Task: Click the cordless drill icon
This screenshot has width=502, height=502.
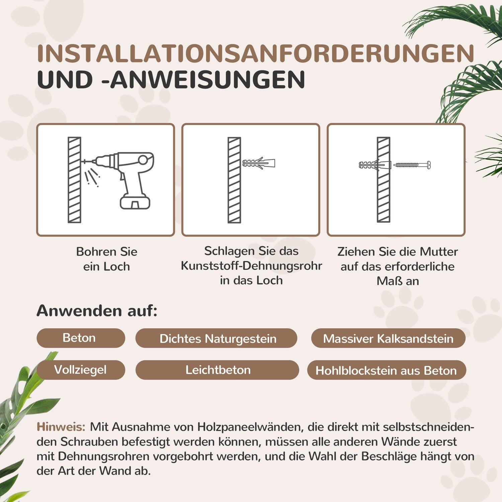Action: click(x=127, y=177)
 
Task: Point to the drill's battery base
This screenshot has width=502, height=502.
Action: click(x=135, y=202)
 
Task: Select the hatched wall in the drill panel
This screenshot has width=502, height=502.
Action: click(x=74, y=180)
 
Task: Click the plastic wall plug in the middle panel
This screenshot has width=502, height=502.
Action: click(x=258, y=163)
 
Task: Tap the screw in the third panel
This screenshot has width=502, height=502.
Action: click(x=412, y=165)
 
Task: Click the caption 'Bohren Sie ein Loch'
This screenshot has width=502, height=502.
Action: click(x=106, y=259)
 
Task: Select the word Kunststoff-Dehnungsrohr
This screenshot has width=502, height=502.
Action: click(x=251, y=266)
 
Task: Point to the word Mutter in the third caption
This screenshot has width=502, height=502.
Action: click(x=438, y=252)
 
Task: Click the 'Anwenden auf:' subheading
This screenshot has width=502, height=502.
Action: click(x=97, y=311)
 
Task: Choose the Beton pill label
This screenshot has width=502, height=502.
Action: click(x=79, y=338)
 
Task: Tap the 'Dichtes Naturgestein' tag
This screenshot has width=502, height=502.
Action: click(x=218, y=339)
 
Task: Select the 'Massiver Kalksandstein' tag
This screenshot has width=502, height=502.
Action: click(x=388, y=339)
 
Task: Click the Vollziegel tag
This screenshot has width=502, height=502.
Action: click(x=80, y=370)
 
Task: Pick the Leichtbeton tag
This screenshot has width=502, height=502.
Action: click(x=218, y=370)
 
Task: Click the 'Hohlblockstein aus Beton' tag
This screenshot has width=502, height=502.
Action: click(x=386, y=370)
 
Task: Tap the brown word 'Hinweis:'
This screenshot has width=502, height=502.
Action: click(x=61, y=427)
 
